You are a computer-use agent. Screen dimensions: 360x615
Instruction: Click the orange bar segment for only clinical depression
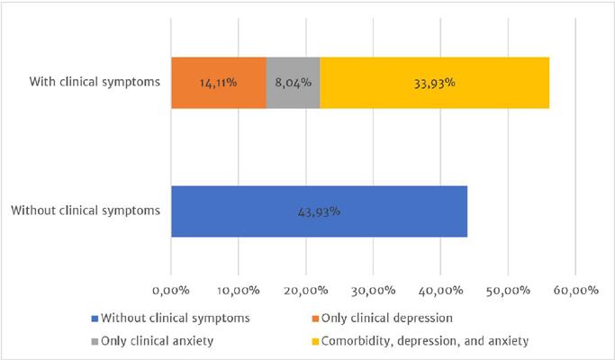pos(218,83)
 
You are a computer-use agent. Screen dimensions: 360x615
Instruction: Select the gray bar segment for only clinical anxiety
pos(293,83)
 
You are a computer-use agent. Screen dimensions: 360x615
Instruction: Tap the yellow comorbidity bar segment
pos(434,83)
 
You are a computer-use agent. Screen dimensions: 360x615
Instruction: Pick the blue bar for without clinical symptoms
pos(319,211)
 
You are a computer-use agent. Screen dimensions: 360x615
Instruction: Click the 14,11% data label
pos(218,83)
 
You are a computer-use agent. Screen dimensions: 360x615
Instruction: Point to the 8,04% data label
pos(293,83)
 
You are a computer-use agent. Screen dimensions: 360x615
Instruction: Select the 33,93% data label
pos(434,83)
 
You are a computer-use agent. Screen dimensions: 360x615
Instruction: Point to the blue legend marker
pos(94,318)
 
